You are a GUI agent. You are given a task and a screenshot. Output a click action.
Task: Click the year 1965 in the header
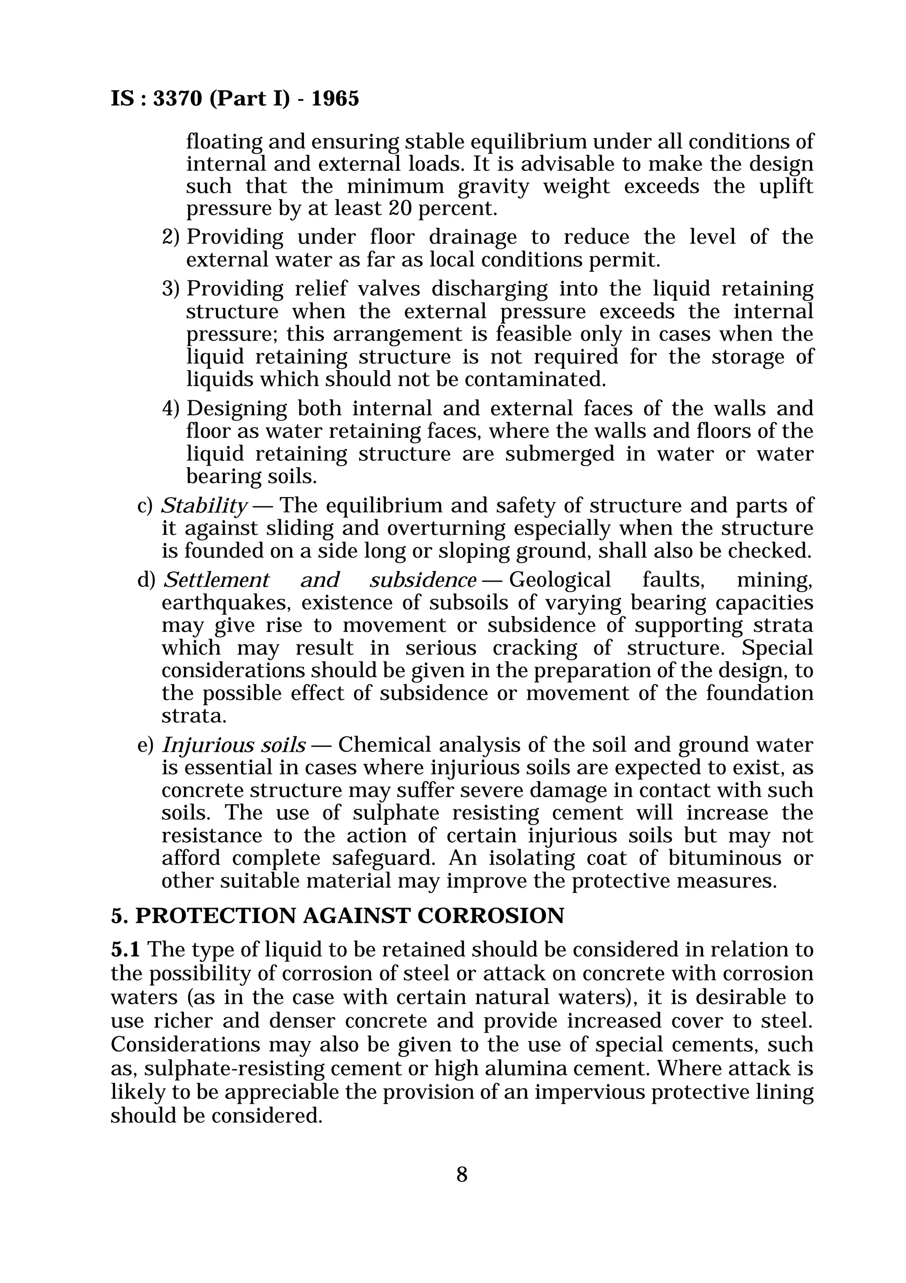[x=335, y=99]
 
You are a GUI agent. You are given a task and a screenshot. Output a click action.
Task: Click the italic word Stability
[x=204, y=506]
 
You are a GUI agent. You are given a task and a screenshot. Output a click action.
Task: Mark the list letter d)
[x=146, y=580]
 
